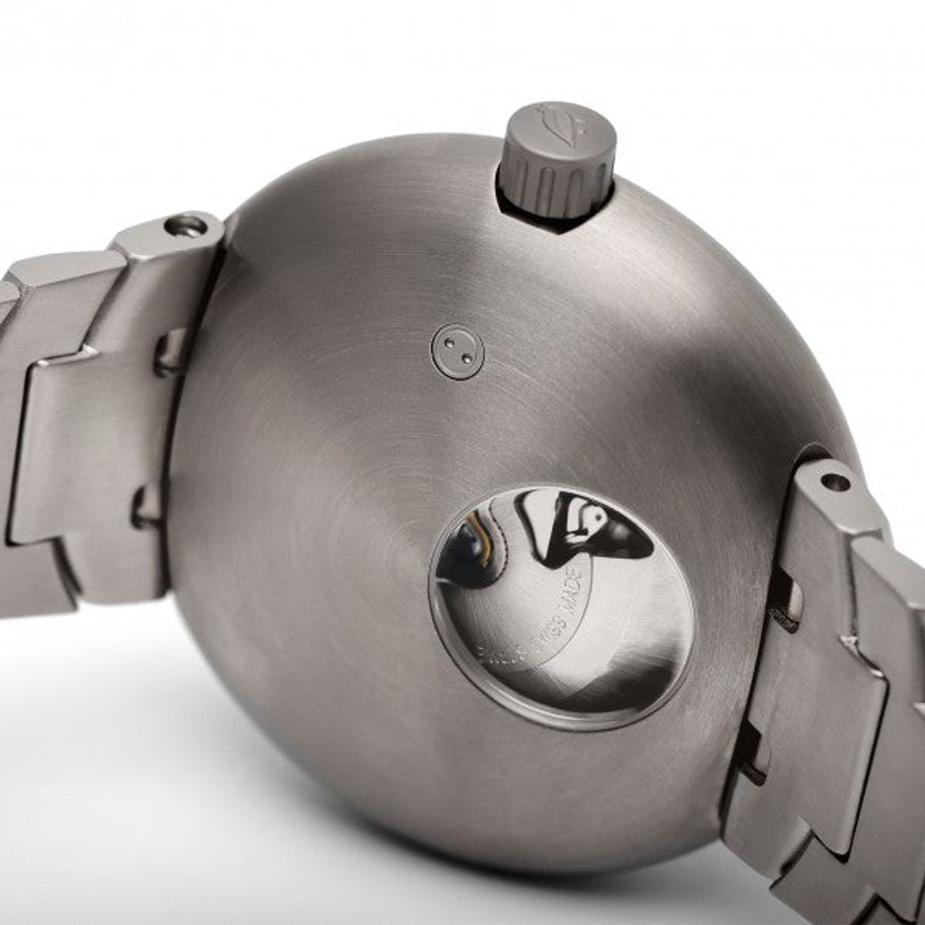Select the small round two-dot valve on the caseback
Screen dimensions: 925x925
coord(457,351)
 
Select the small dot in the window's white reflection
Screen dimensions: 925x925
coord(597,514)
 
